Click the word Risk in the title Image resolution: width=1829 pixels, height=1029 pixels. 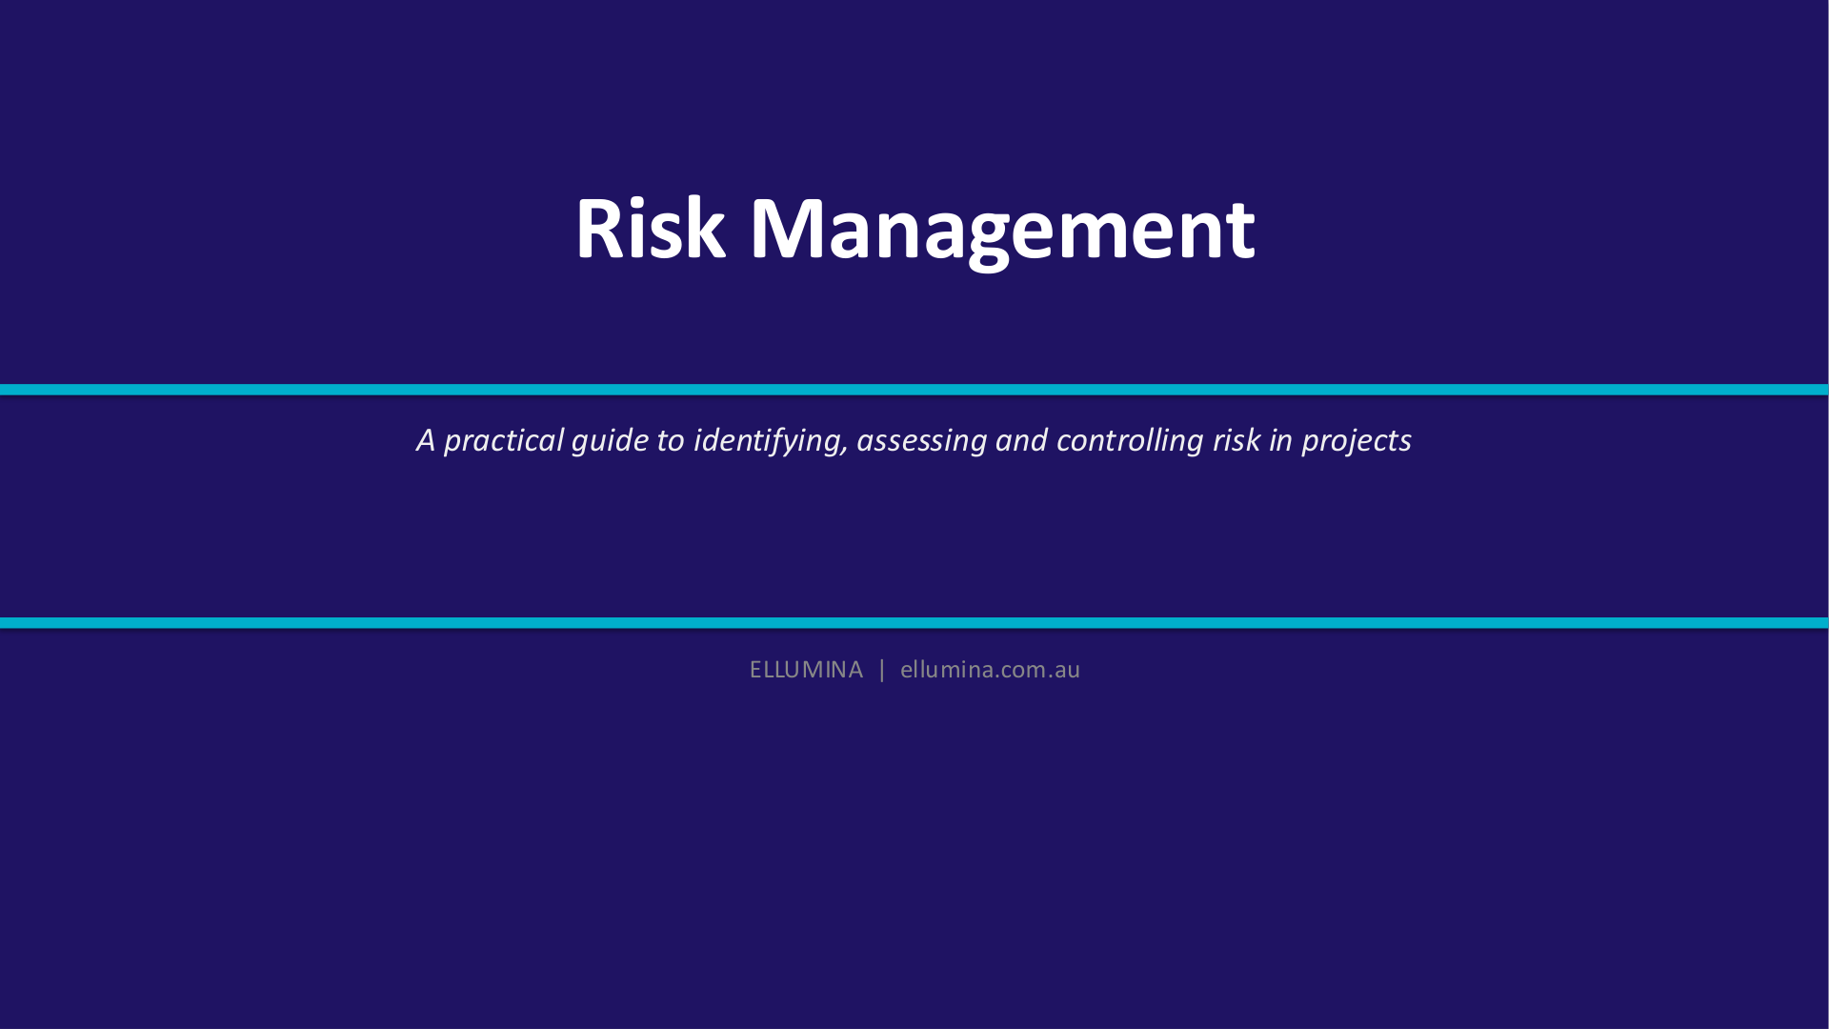(650, 228)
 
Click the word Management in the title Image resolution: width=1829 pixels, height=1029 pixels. (1002, 232)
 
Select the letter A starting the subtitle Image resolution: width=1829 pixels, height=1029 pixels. (426, 440)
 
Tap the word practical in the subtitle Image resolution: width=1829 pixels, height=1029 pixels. (504, 441)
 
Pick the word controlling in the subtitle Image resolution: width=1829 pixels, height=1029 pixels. (1130, 441)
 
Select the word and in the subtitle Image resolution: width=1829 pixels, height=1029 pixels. (1021, 440)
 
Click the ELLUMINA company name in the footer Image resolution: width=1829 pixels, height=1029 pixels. (806, 670)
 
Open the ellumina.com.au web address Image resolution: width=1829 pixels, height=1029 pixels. (990, 670)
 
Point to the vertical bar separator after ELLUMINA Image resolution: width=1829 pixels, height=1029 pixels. (882, 670)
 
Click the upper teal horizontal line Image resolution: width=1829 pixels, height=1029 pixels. (914, 390)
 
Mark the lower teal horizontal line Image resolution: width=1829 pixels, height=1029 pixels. (914, 623)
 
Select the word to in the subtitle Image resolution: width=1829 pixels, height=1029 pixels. (671, 440)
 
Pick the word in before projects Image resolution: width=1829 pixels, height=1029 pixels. (1281, 440)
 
